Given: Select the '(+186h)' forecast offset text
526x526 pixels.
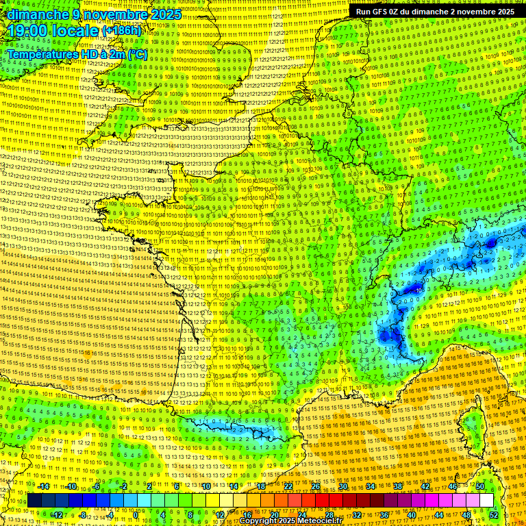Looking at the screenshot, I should click(x=122, y=31).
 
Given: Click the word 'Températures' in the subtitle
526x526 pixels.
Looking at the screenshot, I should click(x=42, y=53).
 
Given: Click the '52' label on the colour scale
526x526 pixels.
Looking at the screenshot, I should click(x=494, y=515).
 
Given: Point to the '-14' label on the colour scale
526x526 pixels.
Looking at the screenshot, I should click(x=42, y=486).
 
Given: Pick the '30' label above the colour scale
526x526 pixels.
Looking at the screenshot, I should click(x=343, y=486).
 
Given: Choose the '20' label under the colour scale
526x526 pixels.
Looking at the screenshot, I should click(x=275, y=515).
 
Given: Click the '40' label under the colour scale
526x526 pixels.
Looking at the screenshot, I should click(x=412, y=515).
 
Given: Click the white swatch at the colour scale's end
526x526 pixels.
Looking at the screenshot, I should click(x=486, y=501).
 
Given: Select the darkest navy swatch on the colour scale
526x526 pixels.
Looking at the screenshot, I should click(x=34, y=501).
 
